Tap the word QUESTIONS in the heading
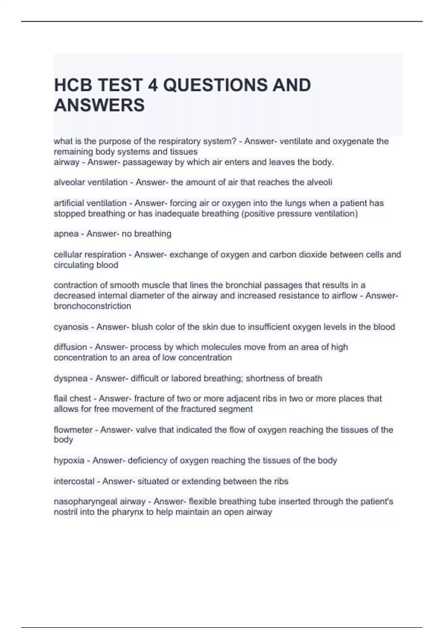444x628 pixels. tap(215, 85)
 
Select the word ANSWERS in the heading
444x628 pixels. tap(99, 105)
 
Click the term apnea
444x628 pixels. tap(66, 234)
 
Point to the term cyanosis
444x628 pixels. tap(71, 327)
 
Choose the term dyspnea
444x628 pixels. tap(71, 379)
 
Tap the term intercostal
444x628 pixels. tap(74, 481)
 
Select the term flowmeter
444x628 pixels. tap(73, 430)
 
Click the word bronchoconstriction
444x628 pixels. tap(92, 306)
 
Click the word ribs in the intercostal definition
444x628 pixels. tap(281, 481)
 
